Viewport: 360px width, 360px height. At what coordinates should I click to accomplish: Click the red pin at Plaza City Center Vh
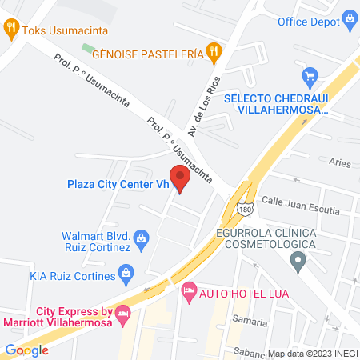point(180,178)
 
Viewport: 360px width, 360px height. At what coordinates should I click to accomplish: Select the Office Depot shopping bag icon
point(350,18)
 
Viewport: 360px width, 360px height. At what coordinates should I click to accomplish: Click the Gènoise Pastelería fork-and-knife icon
point(213,54)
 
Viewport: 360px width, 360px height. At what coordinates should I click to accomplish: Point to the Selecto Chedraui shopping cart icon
point(310,77)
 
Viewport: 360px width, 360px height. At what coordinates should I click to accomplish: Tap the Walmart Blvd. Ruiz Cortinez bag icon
point(142,238)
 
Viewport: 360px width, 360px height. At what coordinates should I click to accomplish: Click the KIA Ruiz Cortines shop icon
point(126,274)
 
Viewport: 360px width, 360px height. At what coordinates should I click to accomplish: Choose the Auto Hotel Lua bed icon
point(189,290)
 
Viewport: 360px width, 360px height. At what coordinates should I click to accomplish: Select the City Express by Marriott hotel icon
point(122,313)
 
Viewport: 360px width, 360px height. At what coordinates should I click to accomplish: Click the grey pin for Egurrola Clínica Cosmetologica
point(298,259)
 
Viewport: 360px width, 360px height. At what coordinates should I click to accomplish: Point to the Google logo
point(26,350)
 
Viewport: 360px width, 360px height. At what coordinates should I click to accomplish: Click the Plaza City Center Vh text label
point(117,184)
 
